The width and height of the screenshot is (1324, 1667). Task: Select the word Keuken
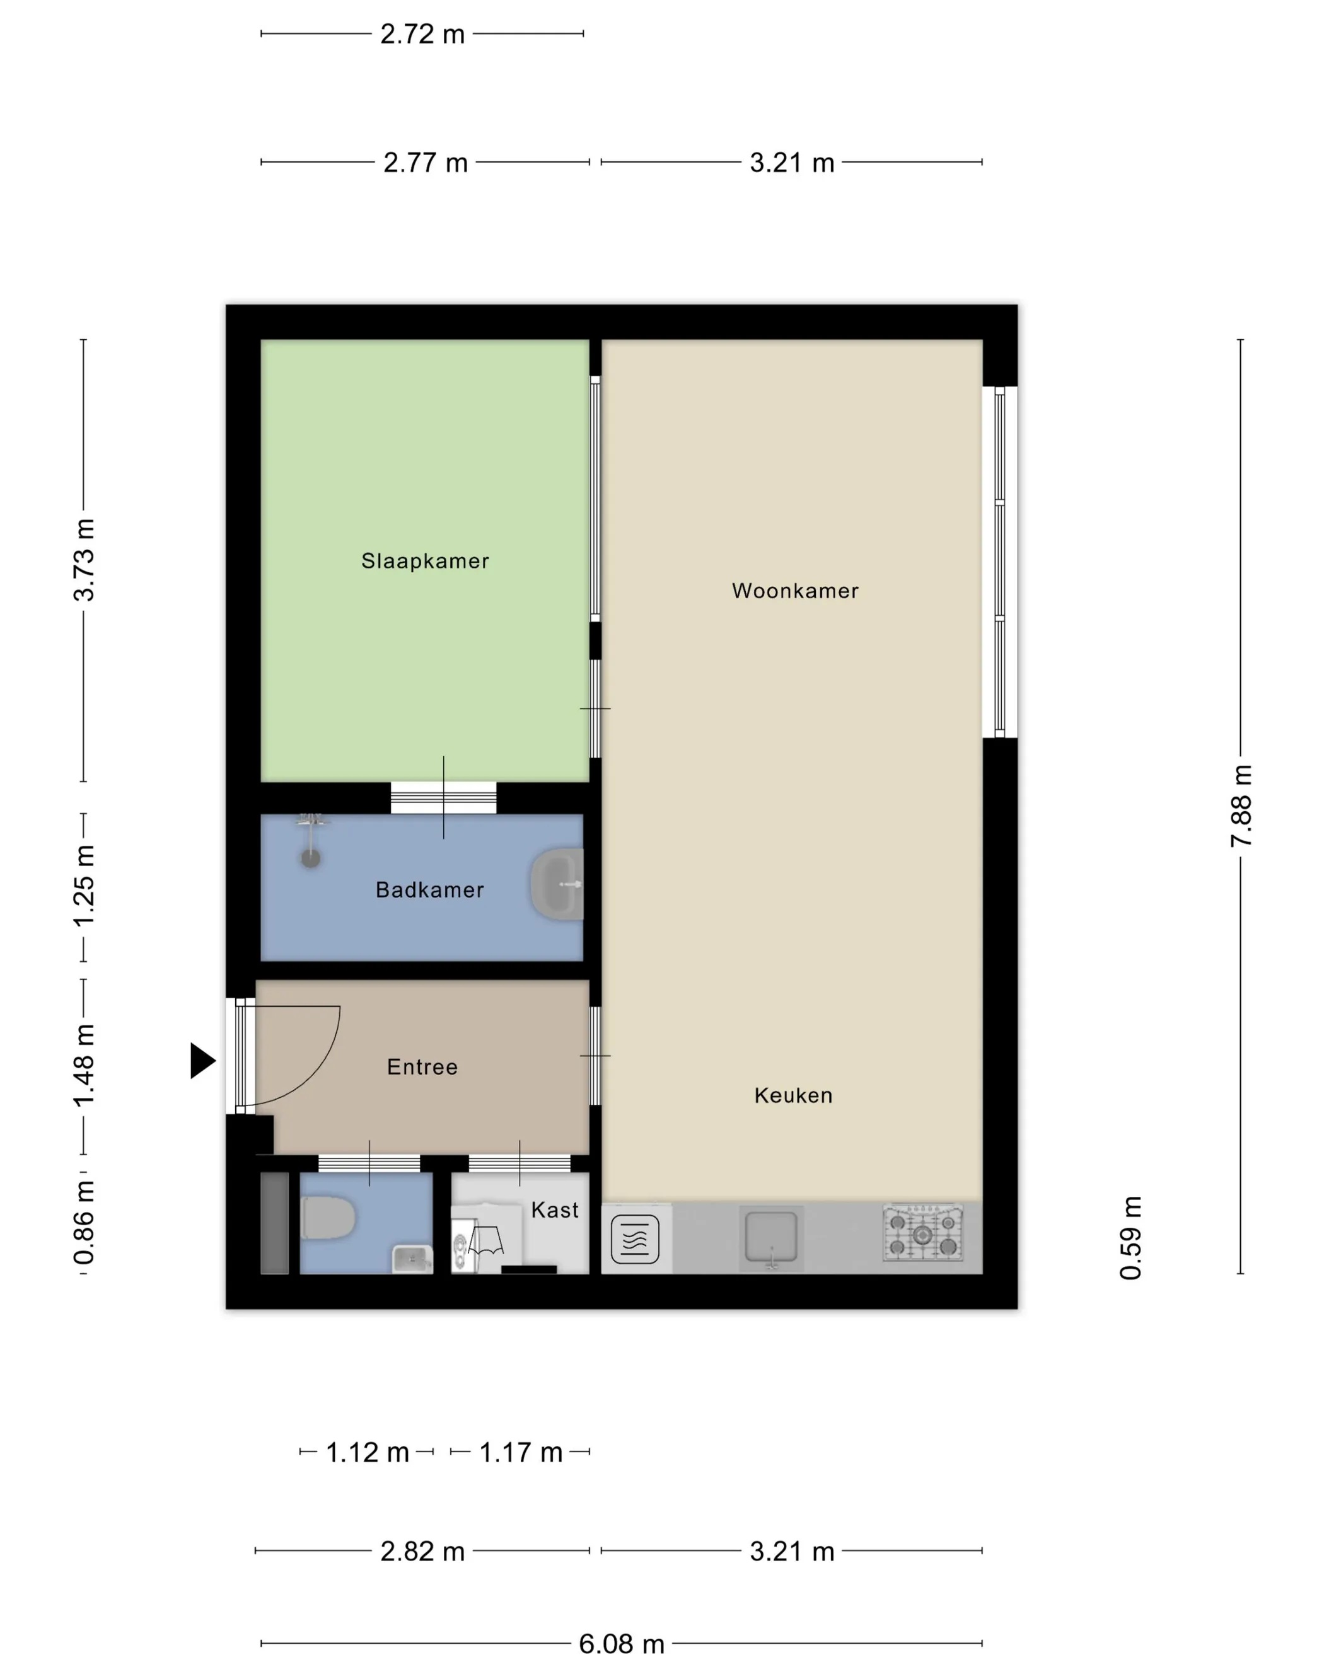794,1095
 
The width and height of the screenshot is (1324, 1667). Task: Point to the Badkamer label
430,890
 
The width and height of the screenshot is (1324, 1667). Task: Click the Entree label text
422,1067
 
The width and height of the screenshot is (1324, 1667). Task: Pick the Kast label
554,1210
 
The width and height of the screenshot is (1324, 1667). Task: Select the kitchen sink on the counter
771,1237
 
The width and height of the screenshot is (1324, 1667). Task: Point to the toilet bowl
328,1218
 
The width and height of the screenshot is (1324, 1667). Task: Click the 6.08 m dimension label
622,1643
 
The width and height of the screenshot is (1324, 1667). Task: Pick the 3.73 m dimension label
83,560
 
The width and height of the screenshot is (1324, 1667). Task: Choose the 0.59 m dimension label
1130,1238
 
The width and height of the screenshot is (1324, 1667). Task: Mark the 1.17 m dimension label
521,1452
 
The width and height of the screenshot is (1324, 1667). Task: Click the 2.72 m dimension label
422,34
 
